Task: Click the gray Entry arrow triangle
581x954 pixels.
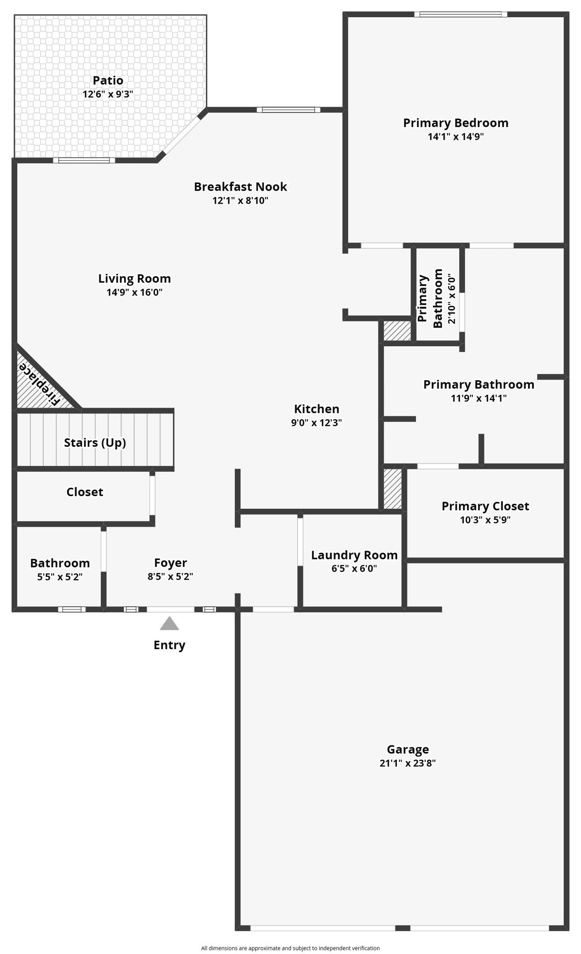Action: pyautogui.click(x=169, y=624)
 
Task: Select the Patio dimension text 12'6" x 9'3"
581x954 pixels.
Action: pyautogui.click(x=108, y=94)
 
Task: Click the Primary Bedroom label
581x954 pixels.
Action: pyautogui.click(x=455, y=123)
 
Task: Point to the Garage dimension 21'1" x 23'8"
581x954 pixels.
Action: pyautogui.click(x=407, y=763)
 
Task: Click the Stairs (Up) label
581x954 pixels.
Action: pyautogui.click(x=95, y=443)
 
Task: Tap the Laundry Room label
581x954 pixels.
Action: pyautogui.click(x=354, y=555)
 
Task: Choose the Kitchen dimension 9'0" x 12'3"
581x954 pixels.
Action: pyautogui.click(x=316, y=423)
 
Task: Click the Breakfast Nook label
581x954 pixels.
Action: pyautogui.click(x=240, y=187)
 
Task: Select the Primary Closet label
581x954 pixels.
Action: pyautogui.click(x=485, y=506)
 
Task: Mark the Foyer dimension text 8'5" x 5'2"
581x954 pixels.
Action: pyautogui.click(x=170, y=576)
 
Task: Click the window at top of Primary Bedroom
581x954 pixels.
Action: pyautogui.click(x=461, y=14)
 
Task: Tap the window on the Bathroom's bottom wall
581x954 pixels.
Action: pyautogui.click(x=72, y=609)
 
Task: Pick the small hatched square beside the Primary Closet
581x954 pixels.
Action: pyautogui.click(x=392, y=489)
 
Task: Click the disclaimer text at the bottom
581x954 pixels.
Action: pyautogui.click(x=290, y=948)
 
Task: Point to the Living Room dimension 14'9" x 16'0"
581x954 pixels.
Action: pyautogui.click(x=134, y=293)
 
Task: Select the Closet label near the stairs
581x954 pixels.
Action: pyautogui.click(x=84, y=492)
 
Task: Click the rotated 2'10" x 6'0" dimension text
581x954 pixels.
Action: pyautogui.click(x=451, y=299)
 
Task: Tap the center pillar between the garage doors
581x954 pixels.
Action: pyautogui.click(x=402, y=928)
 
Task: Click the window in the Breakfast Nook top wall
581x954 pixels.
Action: pyautogui.click(x=289, y=110)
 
